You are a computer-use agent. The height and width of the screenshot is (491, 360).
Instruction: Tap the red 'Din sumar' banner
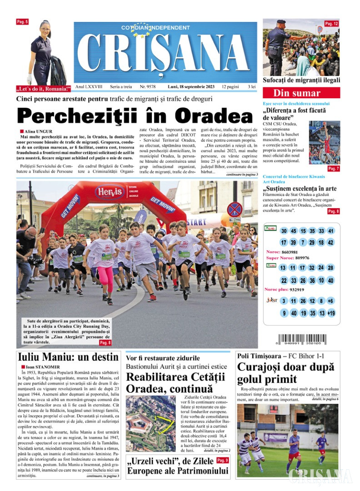pos(301,93)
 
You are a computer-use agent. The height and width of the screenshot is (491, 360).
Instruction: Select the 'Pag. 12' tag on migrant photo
pos(331,24)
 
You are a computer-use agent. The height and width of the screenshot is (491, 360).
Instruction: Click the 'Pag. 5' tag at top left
pos(22,22)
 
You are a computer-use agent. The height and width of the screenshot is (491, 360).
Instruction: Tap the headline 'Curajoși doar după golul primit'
pos(285,373)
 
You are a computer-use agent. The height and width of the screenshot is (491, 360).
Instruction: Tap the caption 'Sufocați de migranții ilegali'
pos(301,80)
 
